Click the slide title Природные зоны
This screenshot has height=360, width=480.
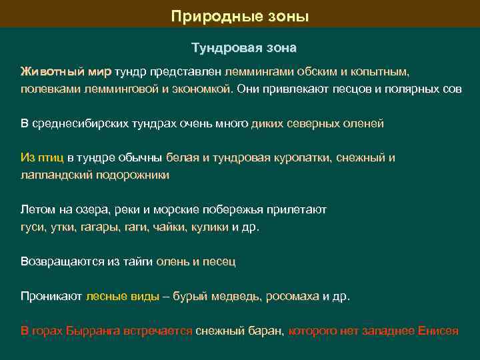(240, 15)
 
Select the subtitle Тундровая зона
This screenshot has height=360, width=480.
(244, 49)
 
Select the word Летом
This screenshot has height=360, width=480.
(36, 209)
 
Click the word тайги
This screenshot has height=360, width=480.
(139, 261)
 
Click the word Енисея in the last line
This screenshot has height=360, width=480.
(437, 331)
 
